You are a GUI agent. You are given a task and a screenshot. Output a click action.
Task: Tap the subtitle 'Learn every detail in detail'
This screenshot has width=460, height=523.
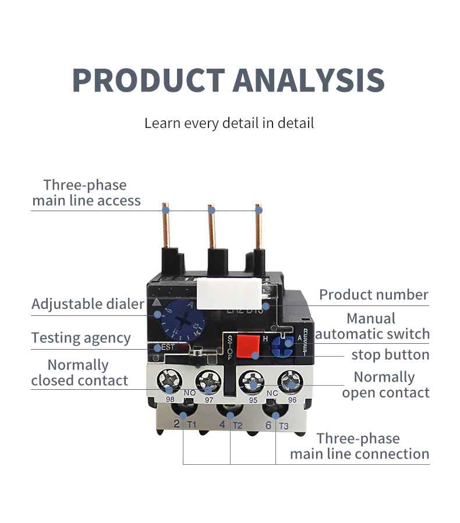click(x=229, y=123)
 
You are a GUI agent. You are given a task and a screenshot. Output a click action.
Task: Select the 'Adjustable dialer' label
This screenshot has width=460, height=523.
click(x=87, y=304)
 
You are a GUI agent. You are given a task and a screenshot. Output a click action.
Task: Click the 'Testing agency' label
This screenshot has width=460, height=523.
click(x=81, y=338)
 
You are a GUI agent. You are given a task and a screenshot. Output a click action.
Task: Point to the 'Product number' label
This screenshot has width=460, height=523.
click(x=373, y=294)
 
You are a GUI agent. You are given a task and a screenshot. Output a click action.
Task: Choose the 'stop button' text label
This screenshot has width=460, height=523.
click(x=390, y=354)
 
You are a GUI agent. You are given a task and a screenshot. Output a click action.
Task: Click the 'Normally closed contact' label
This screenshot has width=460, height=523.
click(x=79, y=373)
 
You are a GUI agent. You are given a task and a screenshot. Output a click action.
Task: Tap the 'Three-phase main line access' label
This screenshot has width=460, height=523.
click(x=86, y=193)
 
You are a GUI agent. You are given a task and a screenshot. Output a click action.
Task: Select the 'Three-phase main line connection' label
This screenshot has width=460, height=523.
click(x=359, y=446)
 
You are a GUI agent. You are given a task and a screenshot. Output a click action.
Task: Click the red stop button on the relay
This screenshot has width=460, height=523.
click(x=247, y=346)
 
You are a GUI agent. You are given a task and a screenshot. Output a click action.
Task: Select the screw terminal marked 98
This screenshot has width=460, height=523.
click(x=170, y=382)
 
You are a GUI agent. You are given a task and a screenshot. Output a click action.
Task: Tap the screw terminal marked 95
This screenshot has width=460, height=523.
click(x=252, y=382)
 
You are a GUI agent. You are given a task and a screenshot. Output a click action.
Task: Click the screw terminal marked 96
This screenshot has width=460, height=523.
click(x=290, y=382)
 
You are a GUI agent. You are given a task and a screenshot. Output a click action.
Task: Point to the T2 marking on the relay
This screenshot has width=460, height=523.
click(x=237, y=426)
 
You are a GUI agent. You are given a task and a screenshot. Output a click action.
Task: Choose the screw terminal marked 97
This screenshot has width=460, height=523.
click(x=208, y=382)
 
